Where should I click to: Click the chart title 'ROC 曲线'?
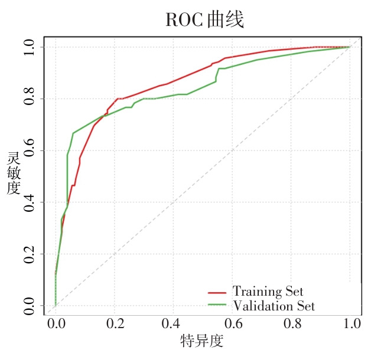[x=205, y=20]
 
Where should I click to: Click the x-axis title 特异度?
[x=202, y=341]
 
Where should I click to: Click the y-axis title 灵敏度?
[x=14, y=173]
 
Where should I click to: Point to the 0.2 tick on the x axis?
[x=115, y=323]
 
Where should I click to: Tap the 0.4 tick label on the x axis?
[x=171, y=323]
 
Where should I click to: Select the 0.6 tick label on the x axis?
[x=233, y=323]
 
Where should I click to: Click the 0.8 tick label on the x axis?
[x=292, y=323]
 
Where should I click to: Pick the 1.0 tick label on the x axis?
[x=352, y=323]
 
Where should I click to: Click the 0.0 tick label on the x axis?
[x=56, y=323]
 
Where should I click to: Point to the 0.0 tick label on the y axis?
[x=29, y=306]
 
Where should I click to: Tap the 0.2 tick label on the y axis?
[x=29, y=254]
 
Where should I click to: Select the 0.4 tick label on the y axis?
[x=29, y=203]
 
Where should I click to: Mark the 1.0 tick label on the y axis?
[x=29, y=47]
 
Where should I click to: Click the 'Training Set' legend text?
[x=268, y=292]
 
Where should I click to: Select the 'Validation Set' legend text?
[x=274, y=306]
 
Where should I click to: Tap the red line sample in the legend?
[x=217, y=293]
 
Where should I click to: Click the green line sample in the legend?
[x=217, y=305]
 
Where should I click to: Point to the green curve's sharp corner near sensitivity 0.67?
[x=73, y=133]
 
